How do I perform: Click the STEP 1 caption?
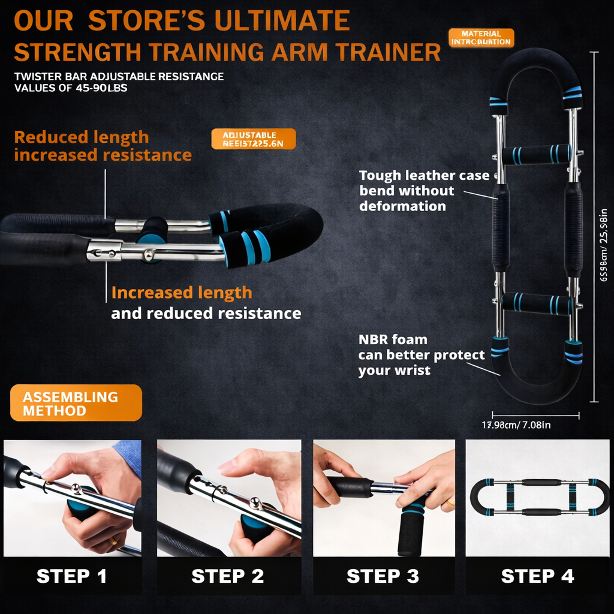tap(72, 576)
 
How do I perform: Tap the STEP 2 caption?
tap(228, 576)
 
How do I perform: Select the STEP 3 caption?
tap(383, 576)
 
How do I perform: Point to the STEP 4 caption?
tap(538, 576)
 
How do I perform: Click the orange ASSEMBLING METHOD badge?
tap(76, 404)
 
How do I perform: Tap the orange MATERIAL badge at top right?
tap(481, 38)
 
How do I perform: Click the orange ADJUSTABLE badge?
tap(253, 139)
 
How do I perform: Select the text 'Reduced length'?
tap(82, 137)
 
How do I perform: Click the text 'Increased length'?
tap(182, 293)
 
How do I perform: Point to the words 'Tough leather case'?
tap(424, 176)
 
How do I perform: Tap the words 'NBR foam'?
tap(393, 340)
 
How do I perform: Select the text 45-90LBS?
tap(100, 88)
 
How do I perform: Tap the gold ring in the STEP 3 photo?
tap(449, 503)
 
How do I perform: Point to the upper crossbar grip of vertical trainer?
tap(535, 154)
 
